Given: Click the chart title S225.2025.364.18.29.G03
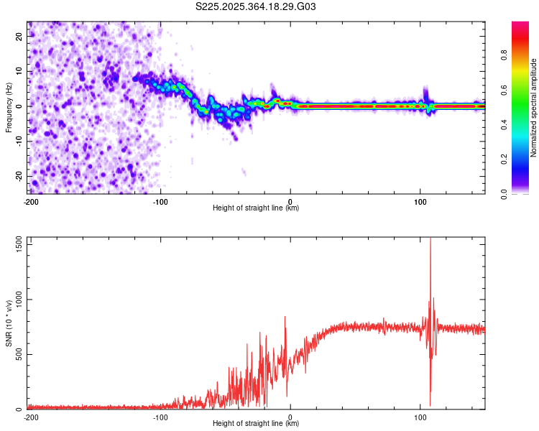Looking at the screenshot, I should click(256, 7).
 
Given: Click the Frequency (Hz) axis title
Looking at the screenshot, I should click(9, 108).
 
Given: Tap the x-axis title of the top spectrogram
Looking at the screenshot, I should click(256, 208).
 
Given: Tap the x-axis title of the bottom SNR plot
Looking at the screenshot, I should click(256, 424).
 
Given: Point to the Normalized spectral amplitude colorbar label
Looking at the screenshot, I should click(533, 108).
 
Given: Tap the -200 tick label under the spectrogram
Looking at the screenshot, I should click(30, 201).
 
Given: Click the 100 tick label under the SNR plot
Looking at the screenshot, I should click(420, 417).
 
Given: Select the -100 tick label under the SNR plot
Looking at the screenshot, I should click(160, 417).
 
